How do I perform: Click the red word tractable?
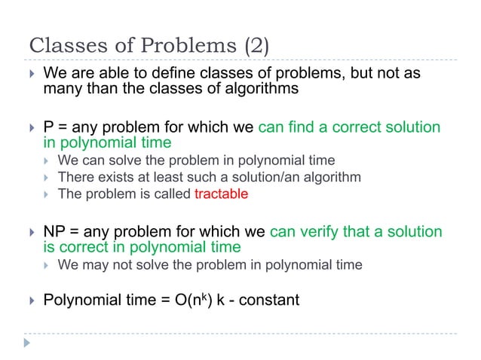(x=221, y=194)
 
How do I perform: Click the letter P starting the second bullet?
(x=48, y=127)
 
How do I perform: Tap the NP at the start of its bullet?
(x=55, y=232)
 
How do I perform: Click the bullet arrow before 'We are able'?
(x=31, y=75)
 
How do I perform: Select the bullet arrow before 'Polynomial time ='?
(x=31, y=301)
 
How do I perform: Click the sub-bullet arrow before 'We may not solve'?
(x=47, y=265)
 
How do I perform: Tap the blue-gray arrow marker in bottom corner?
(x=27, y=343)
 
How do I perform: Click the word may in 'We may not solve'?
(x=93, y=264)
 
